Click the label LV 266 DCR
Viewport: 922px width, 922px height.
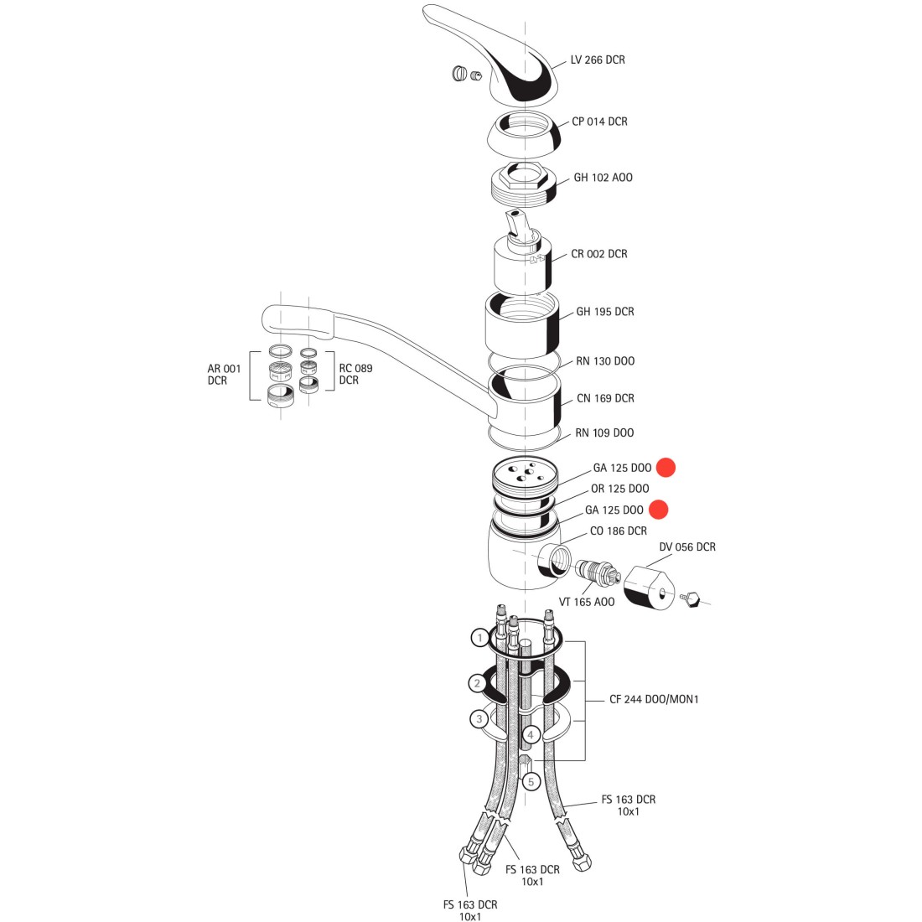598,60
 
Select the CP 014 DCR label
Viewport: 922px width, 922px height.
599,122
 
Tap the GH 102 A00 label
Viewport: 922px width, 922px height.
603,178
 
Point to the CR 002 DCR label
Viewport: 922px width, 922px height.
599,254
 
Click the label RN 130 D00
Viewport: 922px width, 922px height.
605,361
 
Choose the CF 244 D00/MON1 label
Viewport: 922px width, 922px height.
654,699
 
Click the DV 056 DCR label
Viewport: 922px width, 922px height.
687,546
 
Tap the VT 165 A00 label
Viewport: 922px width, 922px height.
586,602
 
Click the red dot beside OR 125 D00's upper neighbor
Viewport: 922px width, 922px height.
666,468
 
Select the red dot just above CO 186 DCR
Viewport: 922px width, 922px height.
659,510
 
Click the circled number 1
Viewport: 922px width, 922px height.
479,638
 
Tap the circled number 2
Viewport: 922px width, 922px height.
478,683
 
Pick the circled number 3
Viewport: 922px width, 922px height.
479,719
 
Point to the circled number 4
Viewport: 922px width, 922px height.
531,734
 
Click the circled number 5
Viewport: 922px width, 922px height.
531,782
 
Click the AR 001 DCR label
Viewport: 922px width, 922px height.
224,375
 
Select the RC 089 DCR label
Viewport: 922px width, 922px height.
355,374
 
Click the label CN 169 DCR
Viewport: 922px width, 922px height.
605,399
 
